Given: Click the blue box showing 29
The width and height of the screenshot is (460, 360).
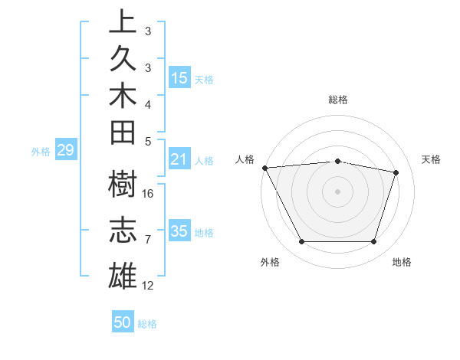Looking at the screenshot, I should tap(65, 151).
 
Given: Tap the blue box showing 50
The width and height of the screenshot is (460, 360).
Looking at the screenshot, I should tap(123, 322).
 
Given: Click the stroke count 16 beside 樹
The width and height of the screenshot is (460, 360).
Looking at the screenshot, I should tap(149, 193).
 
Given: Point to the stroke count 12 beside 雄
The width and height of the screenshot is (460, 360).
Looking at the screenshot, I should tap(149, 286).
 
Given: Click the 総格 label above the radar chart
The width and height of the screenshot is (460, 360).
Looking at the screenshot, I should tap(338, 100).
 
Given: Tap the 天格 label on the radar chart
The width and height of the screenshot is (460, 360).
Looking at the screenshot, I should tap(432, 159).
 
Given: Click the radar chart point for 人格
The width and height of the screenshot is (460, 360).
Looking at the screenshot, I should tap(264, 167).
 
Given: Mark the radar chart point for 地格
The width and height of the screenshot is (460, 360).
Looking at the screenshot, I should tap(374, 242).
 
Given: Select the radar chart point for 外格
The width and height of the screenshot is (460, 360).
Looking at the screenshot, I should tap(301, 242).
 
